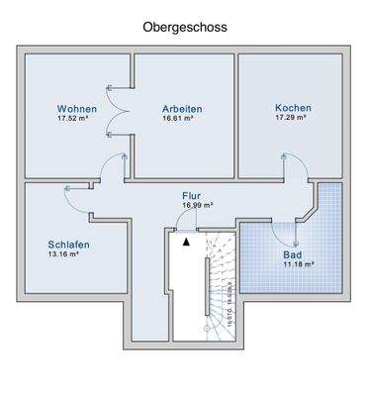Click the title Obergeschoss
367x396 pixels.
[x=185, y=28]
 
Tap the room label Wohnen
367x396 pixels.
[x=76, y=108]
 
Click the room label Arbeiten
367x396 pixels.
[x=183, y=108]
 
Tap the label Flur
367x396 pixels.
[x=191, y=196]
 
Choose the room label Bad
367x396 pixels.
[x=293, y=253]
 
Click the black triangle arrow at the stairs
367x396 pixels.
[x=186, y=239]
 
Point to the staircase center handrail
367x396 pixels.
[x=207, y=286]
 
